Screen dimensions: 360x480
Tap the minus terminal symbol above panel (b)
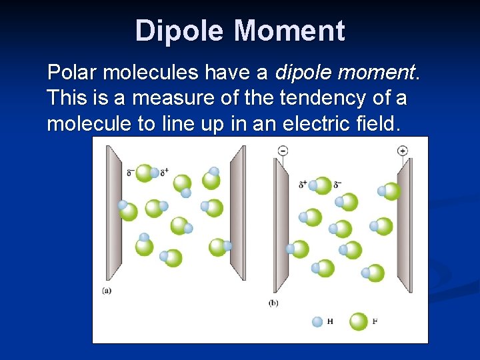(x=283, y=151)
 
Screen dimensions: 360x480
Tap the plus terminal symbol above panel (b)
(x=402, y=151)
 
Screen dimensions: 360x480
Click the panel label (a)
(x=107, y=290)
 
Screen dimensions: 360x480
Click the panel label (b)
(x=273, y=303)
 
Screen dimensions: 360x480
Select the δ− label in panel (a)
(x=130, y=173)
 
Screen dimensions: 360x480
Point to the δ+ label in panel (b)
(x=303, y=184)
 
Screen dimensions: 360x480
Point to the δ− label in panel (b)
(x=338, y=184)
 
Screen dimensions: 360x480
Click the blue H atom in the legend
(x=317, y=321)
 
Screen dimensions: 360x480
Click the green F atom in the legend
(x=358, y=321)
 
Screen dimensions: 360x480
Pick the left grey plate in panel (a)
(x=113, y=213)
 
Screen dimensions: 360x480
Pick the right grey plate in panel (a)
(x=237, y=213)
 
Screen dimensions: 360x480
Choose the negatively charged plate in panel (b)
(x=281, y=227)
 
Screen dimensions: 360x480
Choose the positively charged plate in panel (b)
(x=405, y=227)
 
